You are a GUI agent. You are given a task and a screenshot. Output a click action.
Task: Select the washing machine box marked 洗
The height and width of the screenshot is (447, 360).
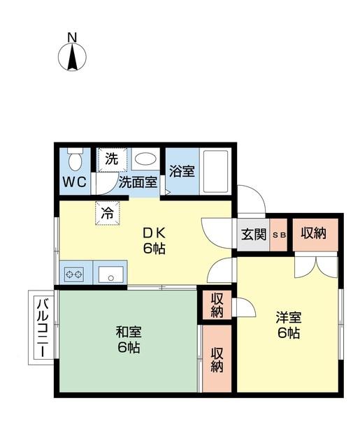coord(110,159)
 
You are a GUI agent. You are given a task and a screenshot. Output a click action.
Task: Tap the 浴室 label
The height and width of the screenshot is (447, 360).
coord(181,171)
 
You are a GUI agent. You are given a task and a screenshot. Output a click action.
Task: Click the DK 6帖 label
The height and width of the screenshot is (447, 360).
coord(154,240)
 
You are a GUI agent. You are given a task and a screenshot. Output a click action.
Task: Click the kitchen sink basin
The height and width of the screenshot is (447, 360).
coord(111,274)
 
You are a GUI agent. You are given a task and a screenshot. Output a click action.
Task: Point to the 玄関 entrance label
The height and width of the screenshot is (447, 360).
coord(253,235)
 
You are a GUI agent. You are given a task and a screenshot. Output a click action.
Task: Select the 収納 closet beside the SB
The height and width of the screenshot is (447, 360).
coord(314,234)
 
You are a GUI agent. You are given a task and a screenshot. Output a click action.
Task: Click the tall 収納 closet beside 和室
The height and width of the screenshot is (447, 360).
coord(217,358)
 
